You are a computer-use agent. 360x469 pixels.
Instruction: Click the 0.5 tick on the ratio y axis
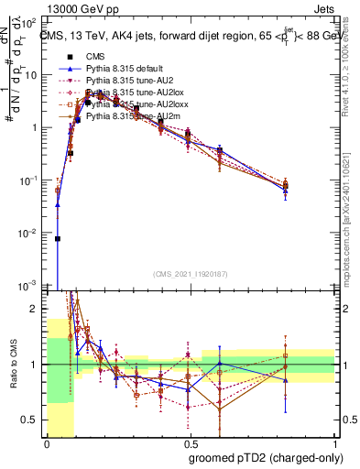[33, 420]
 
